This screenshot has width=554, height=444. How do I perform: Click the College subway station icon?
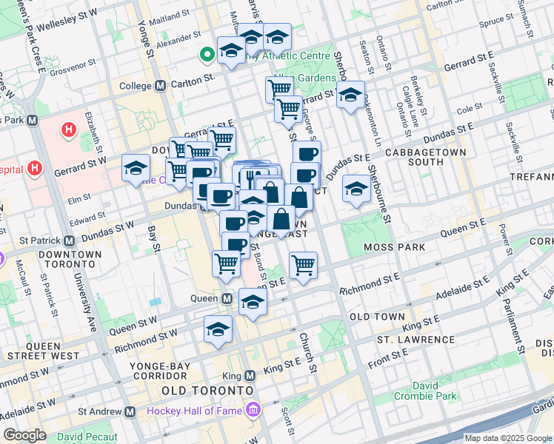(161, 86)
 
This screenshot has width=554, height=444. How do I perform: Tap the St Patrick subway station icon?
(69, 240)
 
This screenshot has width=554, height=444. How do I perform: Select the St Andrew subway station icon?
(130, 411)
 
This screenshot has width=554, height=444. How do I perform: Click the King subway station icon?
(250, 375)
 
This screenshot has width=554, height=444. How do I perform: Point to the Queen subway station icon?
(227, 298)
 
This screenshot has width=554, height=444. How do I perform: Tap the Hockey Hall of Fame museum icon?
(253, 410)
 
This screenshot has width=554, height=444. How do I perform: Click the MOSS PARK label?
(394, 246)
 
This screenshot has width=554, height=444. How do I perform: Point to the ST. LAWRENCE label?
(415, 339)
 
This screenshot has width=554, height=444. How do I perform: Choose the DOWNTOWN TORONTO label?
(71, 260)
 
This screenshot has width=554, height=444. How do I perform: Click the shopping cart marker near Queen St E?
(303, 265)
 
